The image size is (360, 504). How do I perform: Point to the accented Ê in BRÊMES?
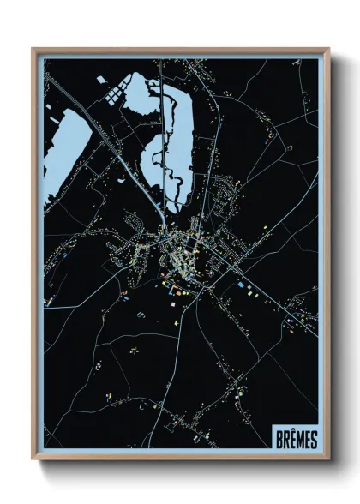pos(294,439)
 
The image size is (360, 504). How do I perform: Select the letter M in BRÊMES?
pos(302,439)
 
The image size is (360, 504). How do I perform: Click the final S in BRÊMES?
pos(315,439)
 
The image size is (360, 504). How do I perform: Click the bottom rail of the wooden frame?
pos(180,459)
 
